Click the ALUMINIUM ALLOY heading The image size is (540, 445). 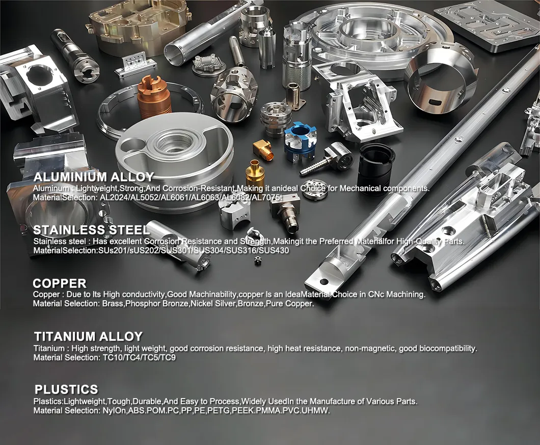(93, 177)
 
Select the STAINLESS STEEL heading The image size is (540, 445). (92, 230)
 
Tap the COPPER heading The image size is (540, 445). (60, 283)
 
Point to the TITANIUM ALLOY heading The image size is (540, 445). (88, 336)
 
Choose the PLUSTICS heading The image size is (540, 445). (66, 389)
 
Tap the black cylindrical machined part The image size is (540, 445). (375, 162)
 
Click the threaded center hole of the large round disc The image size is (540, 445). (174, 142)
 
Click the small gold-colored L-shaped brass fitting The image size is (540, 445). (261, 148)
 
